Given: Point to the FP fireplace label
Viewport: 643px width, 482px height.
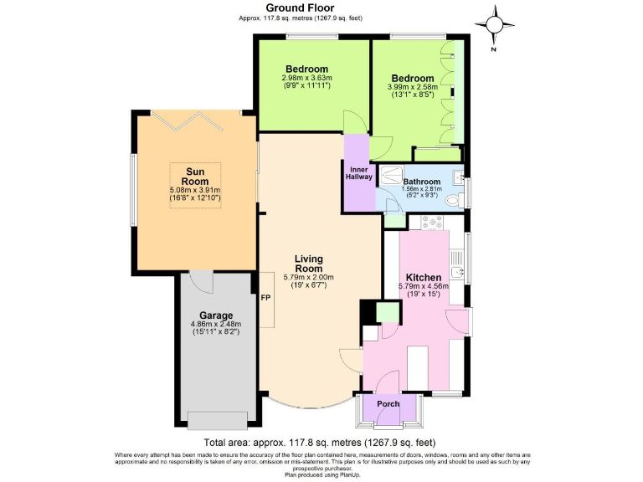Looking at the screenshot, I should (265, 298).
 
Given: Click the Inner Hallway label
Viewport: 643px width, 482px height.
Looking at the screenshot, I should (358, 173).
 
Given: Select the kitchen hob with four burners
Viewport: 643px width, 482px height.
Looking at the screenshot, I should (435, 223).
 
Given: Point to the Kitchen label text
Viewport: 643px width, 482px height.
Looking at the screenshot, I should (423, 277).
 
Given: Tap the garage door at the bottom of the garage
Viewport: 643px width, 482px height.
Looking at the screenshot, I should (217, 419).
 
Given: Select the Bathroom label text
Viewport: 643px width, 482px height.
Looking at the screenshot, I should (421, 182).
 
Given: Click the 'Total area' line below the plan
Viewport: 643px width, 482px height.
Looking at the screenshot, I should (319, 443).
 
